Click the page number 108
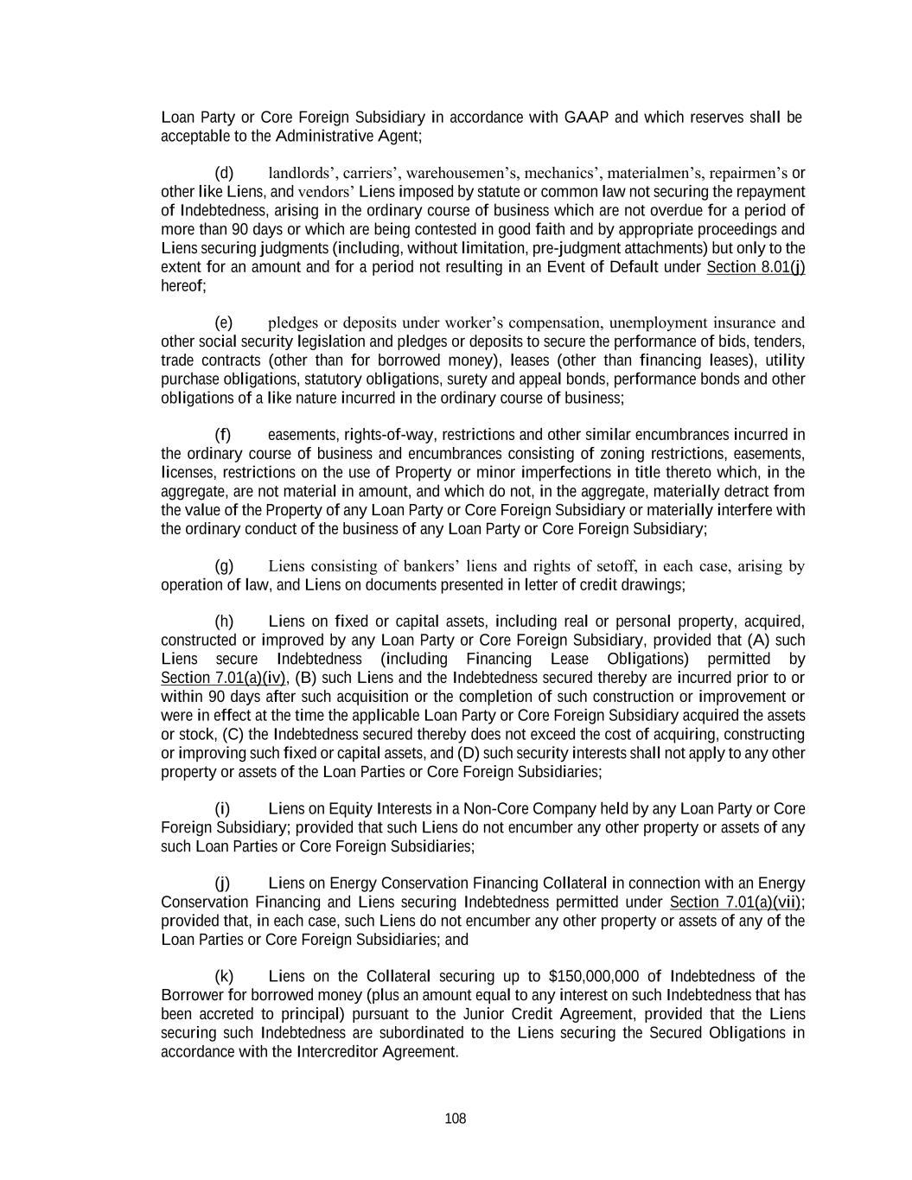click(456, 1119)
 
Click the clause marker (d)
click(224, 173)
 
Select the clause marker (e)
click(224, 322)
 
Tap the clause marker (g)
click(224, 566)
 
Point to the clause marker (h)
click(224, 622)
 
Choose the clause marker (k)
click(224, 977)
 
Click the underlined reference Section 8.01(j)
click(756, 267)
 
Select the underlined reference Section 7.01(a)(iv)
click(224, 678)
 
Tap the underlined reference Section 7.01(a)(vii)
click(737, 903)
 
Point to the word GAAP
click(587, 118)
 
